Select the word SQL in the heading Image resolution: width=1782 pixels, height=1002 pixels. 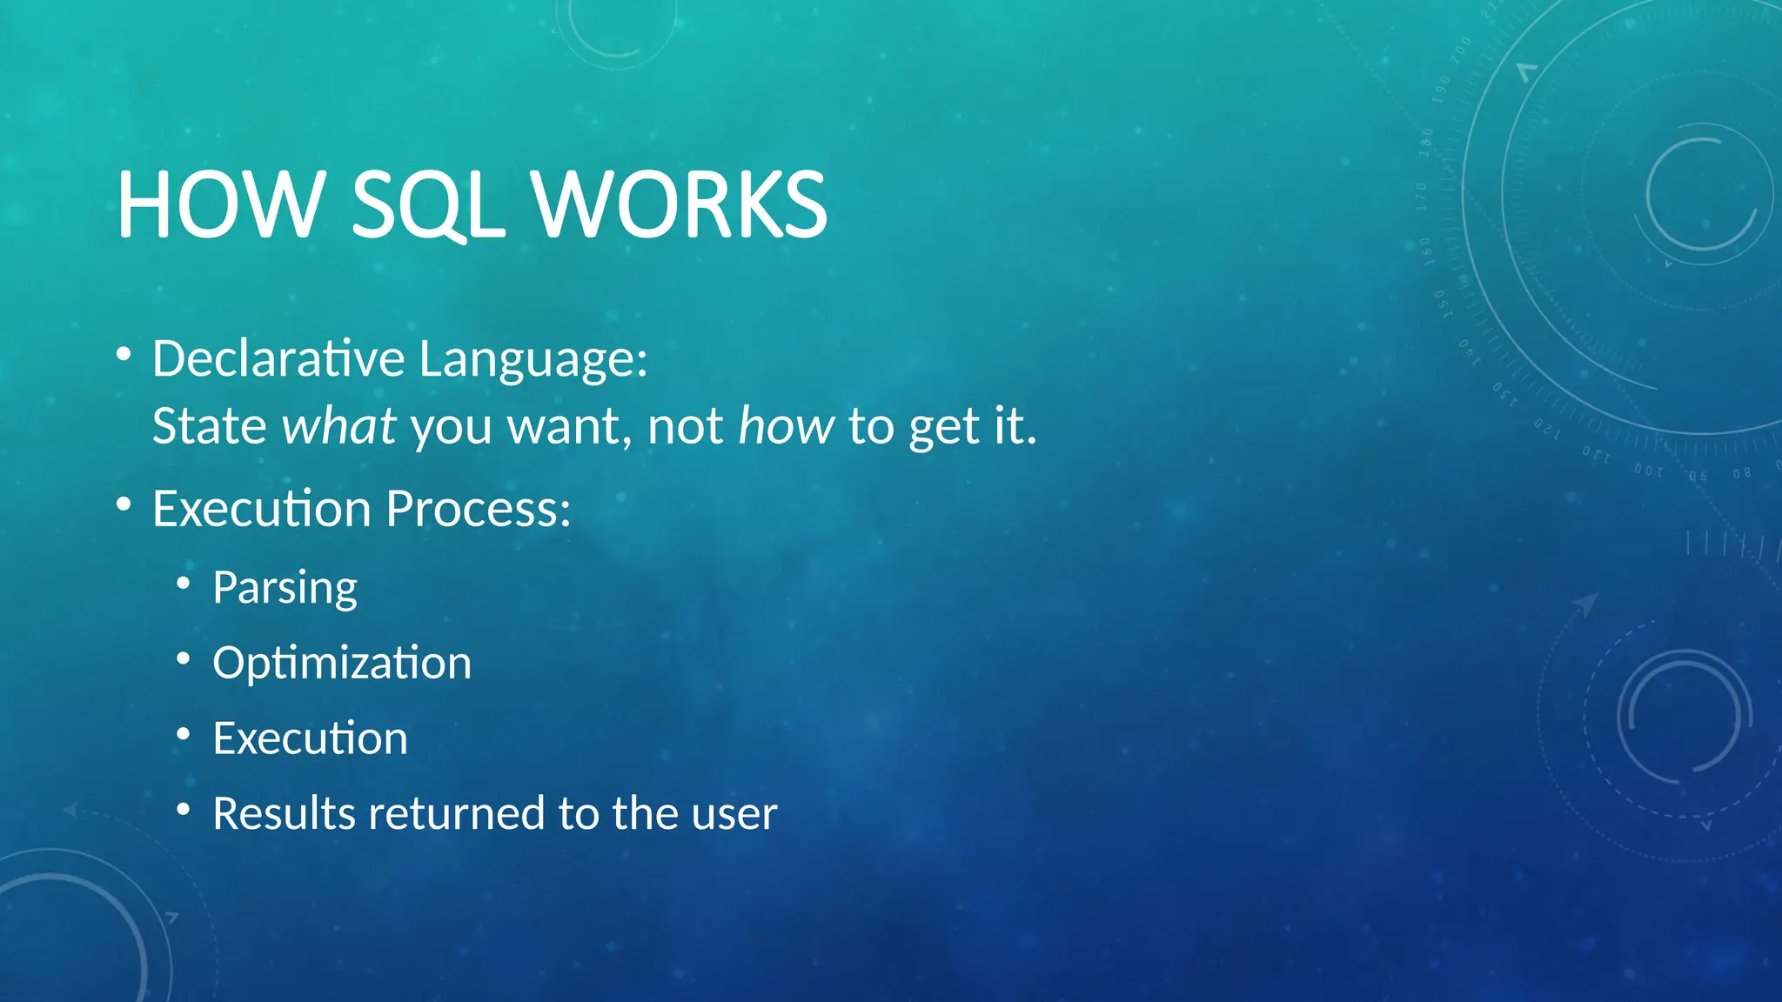click(427, 205)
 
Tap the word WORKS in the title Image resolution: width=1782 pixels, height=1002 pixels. click(680, 205)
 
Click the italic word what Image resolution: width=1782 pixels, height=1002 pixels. click(339, 426)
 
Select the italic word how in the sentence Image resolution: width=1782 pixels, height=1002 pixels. click(786, 426)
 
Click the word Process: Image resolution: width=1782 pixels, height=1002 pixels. click(479, 509)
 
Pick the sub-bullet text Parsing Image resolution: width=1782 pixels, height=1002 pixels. click(285, 589)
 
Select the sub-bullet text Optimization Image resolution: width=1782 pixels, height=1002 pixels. click(342, 664)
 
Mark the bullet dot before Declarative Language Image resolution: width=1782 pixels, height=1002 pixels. click(124, 354)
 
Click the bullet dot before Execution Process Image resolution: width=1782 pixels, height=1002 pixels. click(124, 504)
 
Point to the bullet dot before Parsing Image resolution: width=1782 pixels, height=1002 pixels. click(183, 584)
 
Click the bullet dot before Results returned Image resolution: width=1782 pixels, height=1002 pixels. click(183, 810)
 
